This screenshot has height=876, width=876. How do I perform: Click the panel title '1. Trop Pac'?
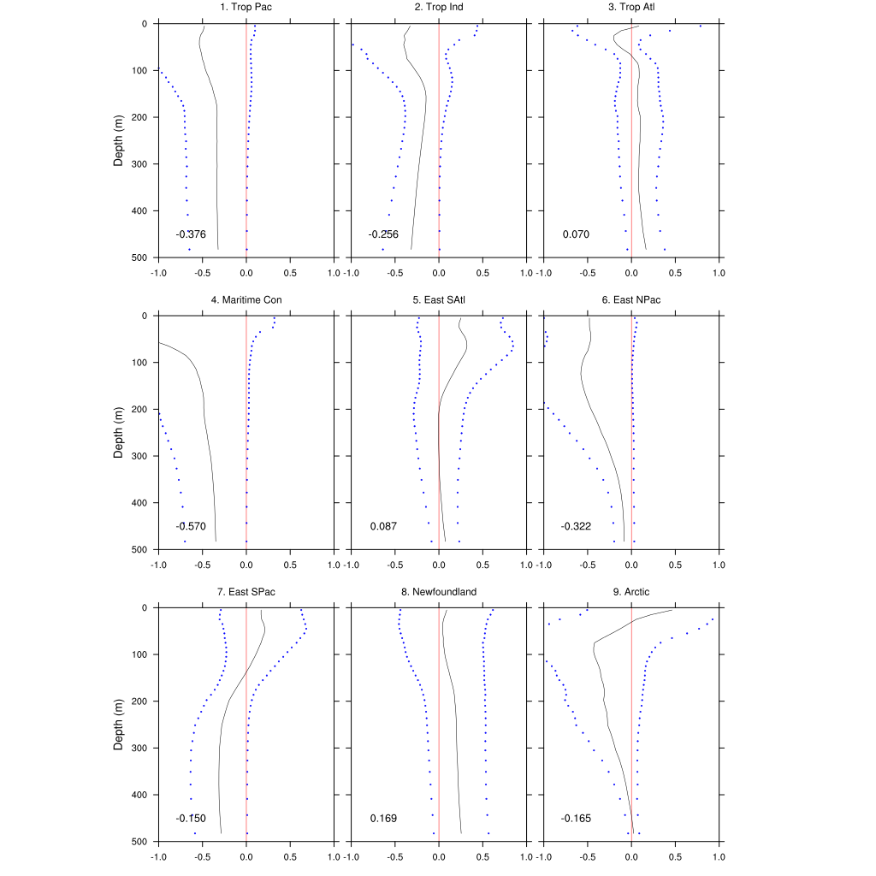246,8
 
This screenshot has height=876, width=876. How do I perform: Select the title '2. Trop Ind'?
439,8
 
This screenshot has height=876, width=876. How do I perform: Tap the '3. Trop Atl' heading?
631,8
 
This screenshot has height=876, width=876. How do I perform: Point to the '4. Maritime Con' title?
246,300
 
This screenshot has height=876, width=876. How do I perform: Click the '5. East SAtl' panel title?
439,300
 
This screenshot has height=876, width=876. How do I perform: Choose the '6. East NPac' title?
631,300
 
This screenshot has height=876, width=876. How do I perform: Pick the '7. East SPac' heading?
246,592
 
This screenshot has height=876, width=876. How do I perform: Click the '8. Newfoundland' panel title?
439,592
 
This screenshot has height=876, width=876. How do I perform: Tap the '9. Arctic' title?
631,592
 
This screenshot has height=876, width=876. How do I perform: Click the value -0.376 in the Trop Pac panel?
191,234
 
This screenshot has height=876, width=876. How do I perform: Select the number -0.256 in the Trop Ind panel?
383,234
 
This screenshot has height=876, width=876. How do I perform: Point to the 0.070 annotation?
576,234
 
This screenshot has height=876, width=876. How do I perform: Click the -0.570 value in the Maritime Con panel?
191,526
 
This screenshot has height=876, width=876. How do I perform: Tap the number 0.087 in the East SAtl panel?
383,526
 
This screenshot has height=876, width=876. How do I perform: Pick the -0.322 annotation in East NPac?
576,526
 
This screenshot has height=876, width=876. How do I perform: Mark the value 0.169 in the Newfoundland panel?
383,819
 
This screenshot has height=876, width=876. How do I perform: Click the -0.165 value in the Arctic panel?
576,819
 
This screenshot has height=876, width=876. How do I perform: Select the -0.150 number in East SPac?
191,819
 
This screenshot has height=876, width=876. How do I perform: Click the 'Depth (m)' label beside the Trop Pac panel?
120,140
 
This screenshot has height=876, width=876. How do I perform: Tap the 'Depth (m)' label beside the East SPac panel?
120,725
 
